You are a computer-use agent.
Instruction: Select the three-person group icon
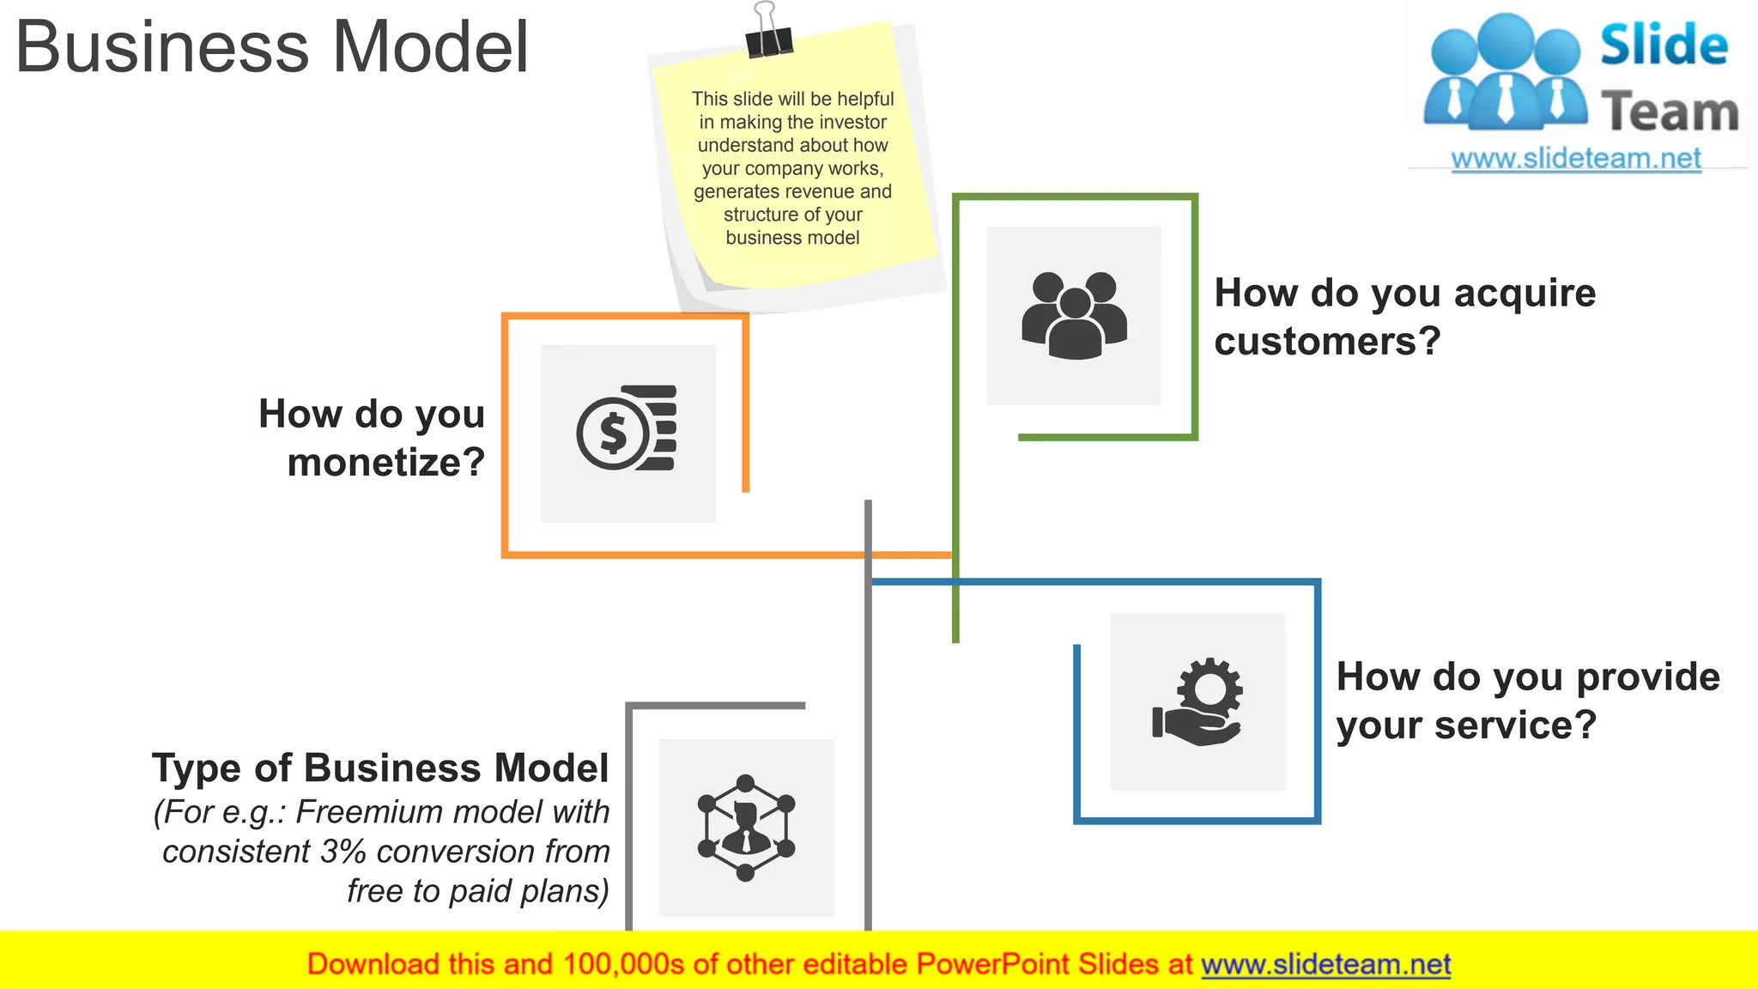[1074, 314]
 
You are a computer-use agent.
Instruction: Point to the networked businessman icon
[745, 828]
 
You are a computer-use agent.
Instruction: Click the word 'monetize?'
[386, 463]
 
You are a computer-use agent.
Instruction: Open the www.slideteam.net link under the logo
[1576, 159]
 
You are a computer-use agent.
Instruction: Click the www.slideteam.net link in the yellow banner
[1325, 965]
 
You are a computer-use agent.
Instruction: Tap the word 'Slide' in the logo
[1664, 46]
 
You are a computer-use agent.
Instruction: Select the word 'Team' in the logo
[1670, 112]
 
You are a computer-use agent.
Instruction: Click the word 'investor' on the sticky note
[852, 123]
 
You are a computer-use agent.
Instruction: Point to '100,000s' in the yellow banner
[624, 965]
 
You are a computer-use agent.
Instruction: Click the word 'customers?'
[1327, 342]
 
